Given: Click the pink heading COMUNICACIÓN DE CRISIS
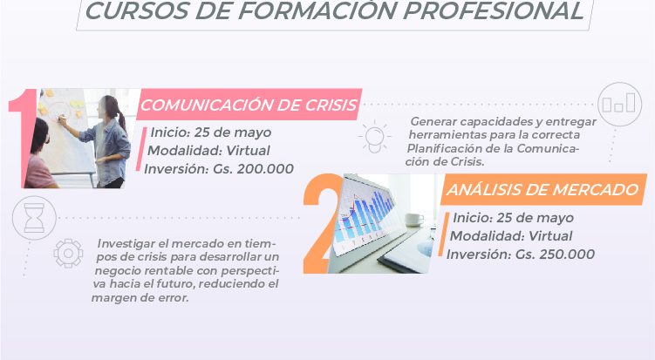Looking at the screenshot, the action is tap(249, 105).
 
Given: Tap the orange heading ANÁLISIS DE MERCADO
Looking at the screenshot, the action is tap(542, 190).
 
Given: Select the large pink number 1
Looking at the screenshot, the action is tap(24, 138).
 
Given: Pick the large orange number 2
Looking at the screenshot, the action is tap(322, 223).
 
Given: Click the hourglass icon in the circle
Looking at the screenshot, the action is tap(34, 218).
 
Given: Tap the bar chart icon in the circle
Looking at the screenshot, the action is tap(619, 104).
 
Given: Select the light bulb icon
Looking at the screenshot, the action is tap(374, 137).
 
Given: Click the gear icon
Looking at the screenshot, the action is tap(69, 253).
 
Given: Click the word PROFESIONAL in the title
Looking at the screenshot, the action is tap(494, 11).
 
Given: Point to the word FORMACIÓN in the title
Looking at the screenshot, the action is tap(316, 11).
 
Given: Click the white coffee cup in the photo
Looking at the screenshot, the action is tap(413, 220).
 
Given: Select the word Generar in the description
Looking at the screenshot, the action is tap(432, 121).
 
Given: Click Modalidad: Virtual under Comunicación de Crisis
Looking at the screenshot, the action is tap(208, 150).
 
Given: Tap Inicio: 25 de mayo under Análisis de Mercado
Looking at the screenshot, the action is tap(513, 218).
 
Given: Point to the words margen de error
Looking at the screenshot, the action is tap(140, 298).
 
